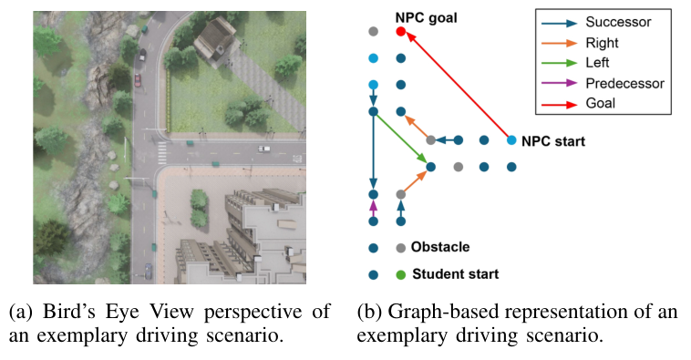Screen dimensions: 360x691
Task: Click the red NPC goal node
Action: coord(401,32)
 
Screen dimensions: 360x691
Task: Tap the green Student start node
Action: coord(400,274)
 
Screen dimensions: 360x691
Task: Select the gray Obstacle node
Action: coord(400,247)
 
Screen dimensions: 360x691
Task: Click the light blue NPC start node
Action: coord(511,140)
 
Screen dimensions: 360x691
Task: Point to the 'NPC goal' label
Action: coord(426,16)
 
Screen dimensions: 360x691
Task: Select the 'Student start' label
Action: coord(455,274)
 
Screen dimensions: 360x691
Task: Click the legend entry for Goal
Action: coord(601,103)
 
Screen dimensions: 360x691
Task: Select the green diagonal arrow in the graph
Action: coord(401,139)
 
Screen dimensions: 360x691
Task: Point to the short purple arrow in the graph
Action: coord(373,208)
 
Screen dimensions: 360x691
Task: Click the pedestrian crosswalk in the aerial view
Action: coord(161,151)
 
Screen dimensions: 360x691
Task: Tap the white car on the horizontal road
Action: coord(263,149)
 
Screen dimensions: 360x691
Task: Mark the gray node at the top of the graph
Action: coord(373,32)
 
